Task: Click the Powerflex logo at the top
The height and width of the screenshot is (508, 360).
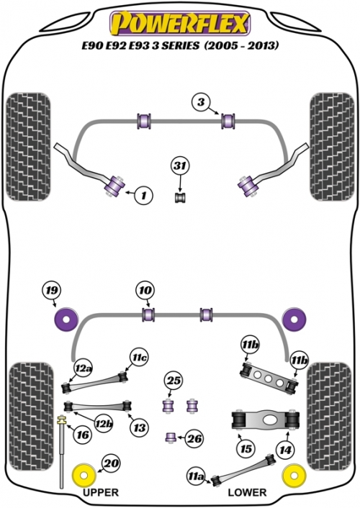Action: click(x=180, y=23)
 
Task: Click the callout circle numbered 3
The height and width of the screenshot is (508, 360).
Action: click(x=201, y=102)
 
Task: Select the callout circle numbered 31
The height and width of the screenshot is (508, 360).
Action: click(x=180, y=166)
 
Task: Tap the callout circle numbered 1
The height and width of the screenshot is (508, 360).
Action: click(x=143, y=195)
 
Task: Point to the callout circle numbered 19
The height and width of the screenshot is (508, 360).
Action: click(x=52, y=290)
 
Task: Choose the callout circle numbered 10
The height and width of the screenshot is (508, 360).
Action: click(x=145, y=290)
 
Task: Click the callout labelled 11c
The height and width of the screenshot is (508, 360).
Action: click(x=140, y=358)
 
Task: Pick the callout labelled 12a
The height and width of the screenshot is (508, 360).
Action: click(x=83, y=368)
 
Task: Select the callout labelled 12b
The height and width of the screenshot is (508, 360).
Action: click(x=104, y=424)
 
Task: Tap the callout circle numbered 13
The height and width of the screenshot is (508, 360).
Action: click(x=140, y=428)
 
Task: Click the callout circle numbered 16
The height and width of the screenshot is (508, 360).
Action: click(x=83, y=435)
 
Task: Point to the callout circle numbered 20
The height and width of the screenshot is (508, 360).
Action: click(x=112, y=463)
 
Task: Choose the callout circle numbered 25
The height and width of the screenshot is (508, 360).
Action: click(x=174, y=381)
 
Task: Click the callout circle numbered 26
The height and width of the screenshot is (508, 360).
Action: click(x=194, y=439)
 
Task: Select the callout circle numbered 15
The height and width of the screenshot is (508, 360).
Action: click(x=246, y=449)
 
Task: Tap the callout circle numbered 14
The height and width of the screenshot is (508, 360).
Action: click(x=285, y=450)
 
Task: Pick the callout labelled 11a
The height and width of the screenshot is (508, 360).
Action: click(x=197, y=476)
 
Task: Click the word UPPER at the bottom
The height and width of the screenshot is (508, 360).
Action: click(x=101, y=492)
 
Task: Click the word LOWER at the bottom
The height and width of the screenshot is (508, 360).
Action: click(x=247, y=492)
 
